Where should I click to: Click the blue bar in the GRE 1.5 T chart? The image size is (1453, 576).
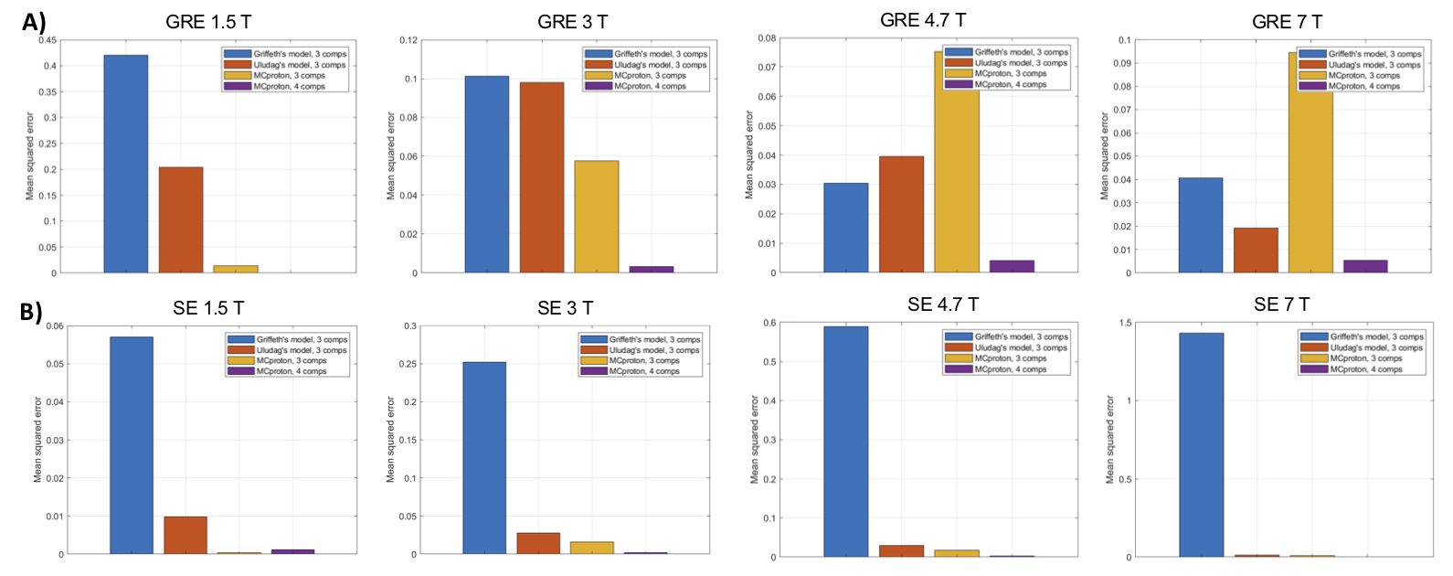tap(125, 165)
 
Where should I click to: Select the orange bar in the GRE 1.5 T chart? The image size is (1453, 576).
tap(181, 220)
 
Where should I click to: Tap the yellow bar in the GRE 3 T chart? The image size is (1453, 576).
tap(596, 217)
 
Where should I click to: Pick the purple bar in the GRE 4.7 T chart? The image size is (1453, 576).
tap(1012, 266)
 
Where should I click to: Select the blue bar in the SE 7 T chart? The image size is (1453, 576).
tap(1201, 445)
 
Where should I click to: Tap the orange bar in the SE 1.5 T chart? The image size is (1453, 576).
tap(186, 536)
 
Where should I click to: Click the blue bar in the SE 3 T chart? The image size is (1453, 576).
tap(483, 458)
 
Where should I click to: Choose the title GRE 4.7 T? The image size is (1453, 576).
tap(922, 20)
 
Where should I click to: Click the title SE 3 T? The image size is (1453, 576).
tap(565, 308)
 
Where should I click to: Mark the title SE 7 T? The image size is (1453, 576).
tap(1281, 304)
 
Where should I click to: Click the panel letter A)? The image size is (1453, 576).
tap(34, 22)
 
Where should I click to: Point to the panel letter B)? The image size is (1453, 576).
tap(31, 312)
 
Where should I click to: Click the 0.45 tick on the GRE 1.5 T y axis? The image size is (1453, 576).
tap(47, 40)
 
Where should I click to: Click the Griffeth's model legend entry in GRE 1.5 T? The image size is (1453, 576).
tap(300, 54)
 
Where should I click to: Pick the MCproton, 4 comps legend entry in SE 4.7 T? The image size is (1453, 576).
tap(1010, 369)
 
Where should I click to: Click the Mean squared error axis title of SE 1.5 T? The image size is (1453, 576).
tap(37, 440)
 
